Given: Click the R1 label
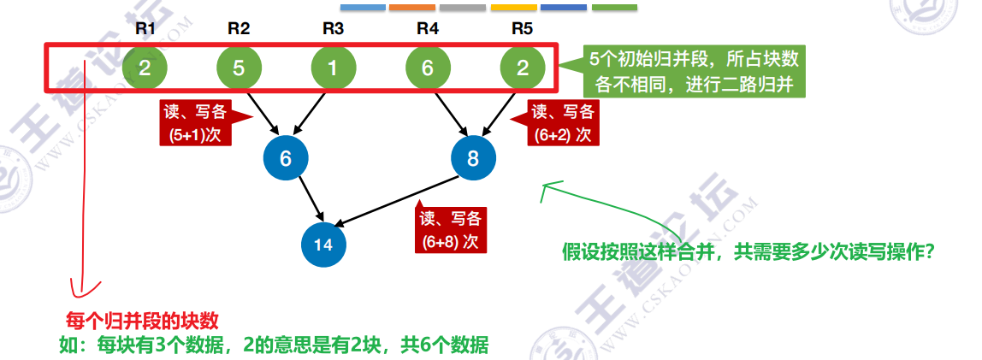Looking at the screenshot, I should [145, 27].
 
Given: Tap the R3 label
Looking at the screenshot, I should [334, 27].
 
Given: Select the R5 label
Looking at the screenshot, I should [522, 27].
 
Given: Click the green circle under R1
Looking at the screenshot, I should [145, 68].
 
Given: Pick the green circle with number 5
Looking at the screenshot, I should [239, 68].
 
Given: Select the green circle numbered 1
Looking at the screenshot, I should [333, 68].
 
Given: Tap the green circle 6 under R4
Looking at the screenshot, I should [428, 68].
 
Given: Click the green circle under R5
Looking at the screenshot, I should [522, 68].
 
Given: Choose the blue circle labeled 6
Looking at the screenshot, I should [286, 158].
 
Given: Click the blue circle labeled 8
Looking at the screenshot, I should [474, 158].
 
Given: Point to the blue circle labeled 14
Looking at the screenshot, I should [322, 245].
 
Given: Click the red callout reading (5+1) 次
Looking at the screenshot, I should [195, 124].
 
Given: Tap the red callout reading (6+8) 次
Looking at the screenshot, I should [450, 229].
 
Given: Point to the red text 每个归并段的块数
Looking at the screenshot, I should [143, 321].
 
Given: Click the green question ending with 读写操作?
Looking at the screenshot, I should [748, 253].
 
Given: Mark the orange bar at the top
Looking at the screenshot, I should [412, 8].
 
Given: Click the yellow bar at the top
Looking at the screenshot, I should [513, 8].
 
